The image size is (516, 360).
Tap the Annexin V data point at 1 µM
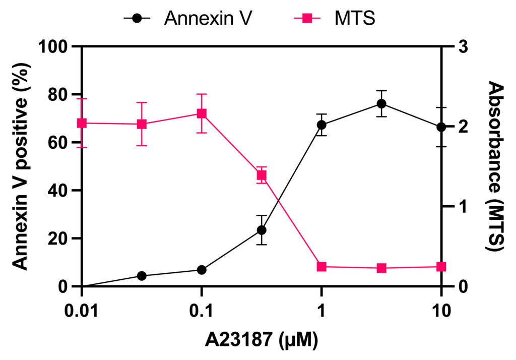[x=321, y=125]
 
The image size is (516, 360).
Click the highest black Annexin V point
[x=381, y=104]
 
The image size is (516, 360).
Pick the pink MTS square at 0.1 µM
[x=202, y=113]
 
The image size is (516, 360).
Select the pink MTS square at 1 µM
[x=321, y=267]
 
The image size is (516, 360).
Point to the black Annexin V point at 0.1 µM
[x=202, y=270]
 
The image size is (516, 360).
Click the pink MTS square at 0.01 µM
[x=82, y=123]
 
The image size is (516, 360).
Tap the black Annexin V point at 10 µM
[x=441, y=127]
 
